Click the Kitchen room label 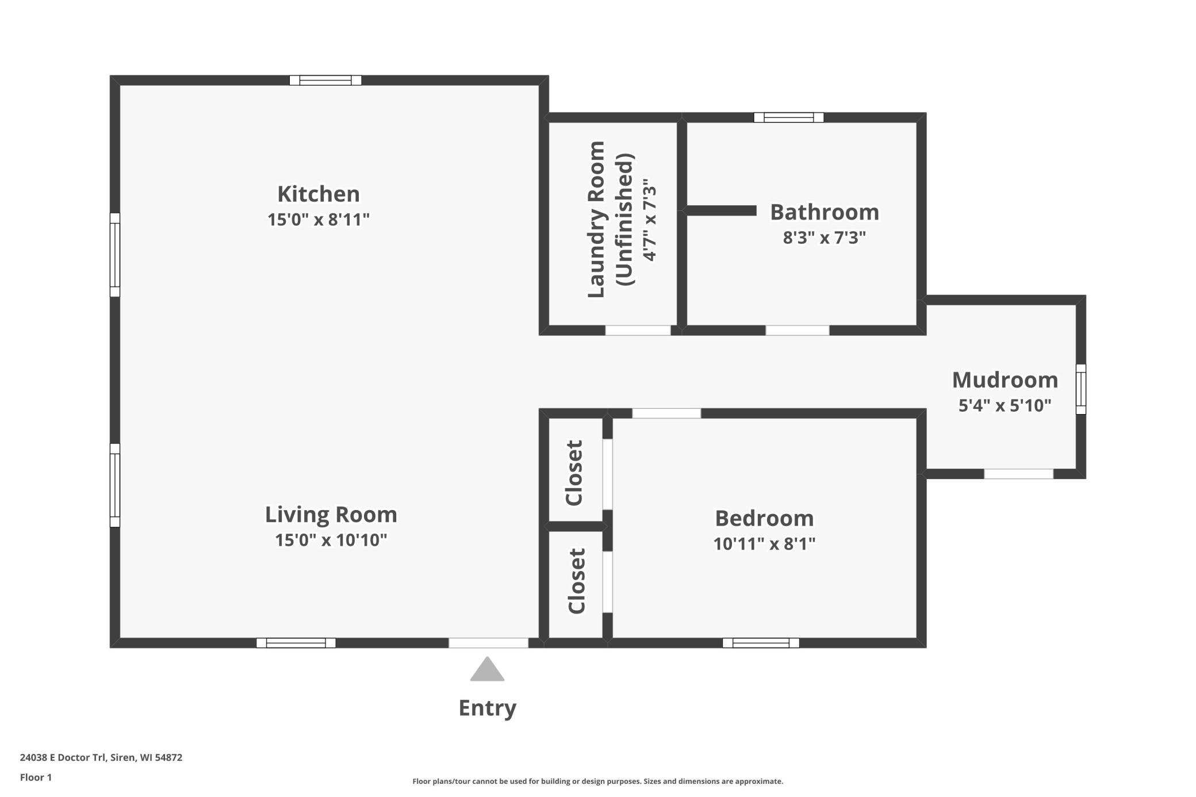[319, 194]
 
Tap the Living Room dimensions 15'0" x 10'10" [331, 540]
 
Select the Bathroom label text [825, 212]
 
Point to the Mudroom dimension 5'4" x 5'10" [1005, 405]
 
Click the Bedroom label [764, 519]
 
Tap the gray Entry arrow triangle [487, 669]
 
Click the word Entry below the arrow [488, 708]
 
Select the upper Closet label [574, 473]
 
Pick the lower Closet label [576, 581]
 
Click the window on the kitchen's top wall [325, 81]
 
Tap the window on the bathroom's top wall [789, 117]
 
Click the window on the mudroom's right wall [1081, 389]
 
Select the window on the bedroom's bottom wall [761, 643]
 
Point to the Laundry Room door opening [638, 331]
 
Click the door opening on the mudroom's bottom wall [1018, 474]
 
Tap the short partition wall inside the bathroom [722, 211]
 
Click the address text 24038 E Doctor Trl [63, 757]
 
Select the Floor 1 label [36, 777]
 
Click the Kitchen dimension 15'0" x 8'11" [319, 220]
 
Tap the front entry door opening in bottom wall [488, 643]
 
